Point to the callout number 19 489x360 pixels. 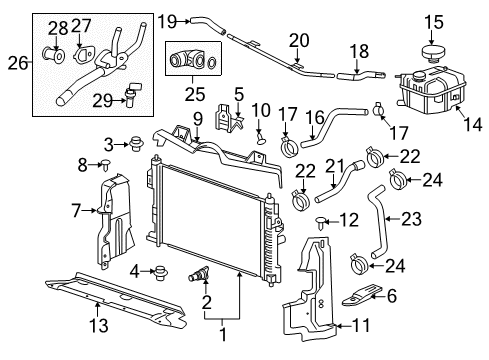pos(167,19)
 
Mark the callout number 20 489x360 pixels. pos(299,39)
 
